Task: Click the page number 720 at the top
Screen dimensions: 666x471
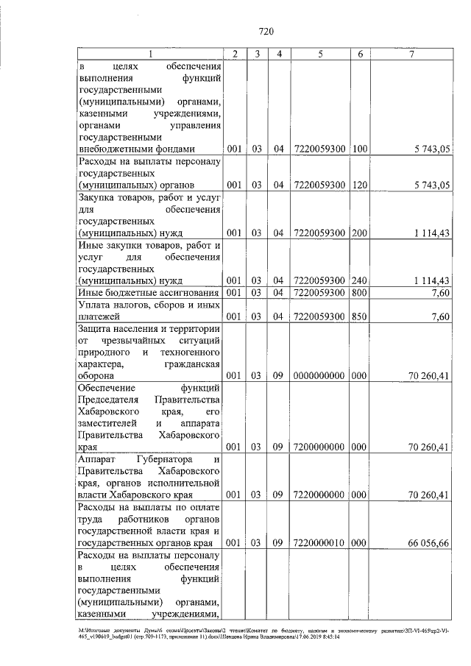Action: pyautogui.click(x=266, y=30)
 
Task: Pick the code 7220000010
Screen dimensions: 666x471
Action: pyautogui.click(x=319, y=542)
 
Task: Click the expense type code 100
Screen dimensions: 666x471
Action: pyautogui.click(x=360, y=149)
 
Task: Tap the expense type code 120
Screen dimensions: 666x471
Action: pyautogui.click(x=360, y=184)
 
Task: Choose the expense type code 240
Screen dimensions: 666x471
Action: pyautogui.click(x=360, y=280)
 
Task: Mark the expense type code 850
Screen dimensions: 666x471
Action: pyautogui.click(x=360, y=317)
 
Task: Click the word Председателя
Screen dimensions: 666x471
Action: pyautogui.click(x=107, y=398)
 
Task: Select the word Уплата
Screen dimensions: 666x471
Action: pyautogui.click(x=96, y=305)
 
